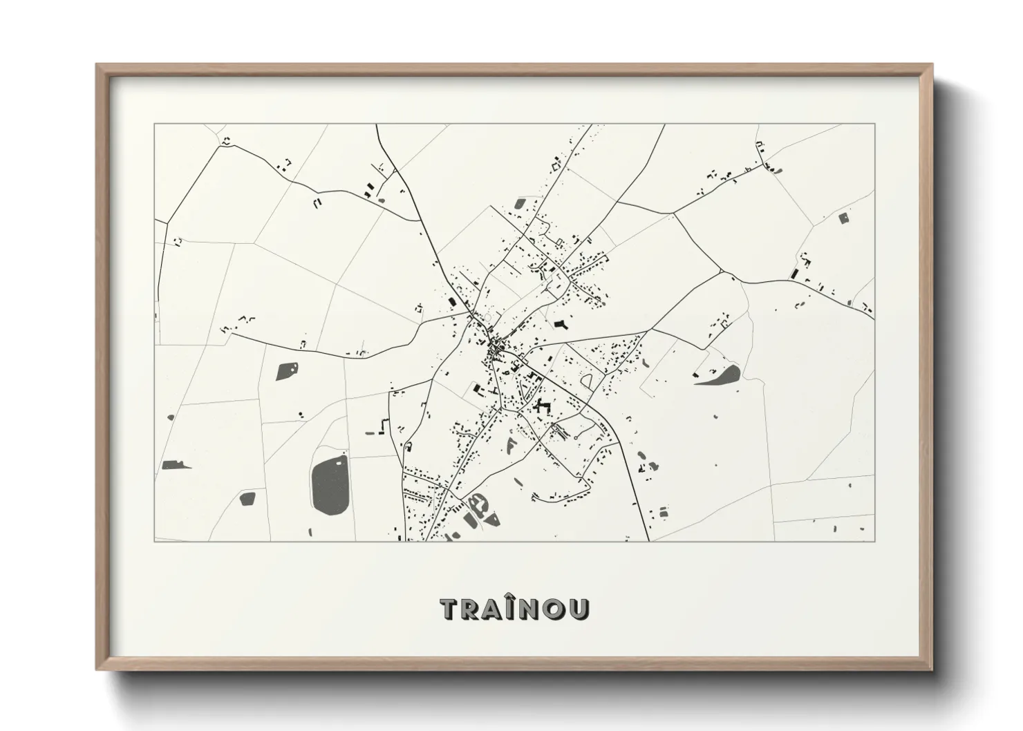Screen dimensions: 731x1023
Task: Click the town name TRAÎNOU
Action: coord(515,609)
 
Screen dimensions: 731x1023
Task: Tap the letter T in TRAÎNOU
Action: coord(449,609)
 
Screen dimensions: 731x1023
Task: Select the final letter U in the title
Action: coord(581,609)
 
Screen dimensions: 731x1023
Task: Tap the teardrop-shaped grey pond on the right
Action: coord(720,376)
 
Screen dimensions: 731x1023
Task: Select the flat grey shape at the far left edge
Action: coord(176,465)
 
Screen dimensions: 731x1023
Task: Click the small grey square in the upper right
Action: coord(843,218)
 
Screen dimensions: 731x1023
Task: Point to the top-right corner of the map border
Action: coord(874,124)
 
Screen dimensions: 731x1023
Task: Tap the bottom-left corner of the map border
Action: coord(155,541)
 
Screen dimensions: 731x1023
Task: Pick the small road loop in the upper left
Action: coord(226,141)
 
